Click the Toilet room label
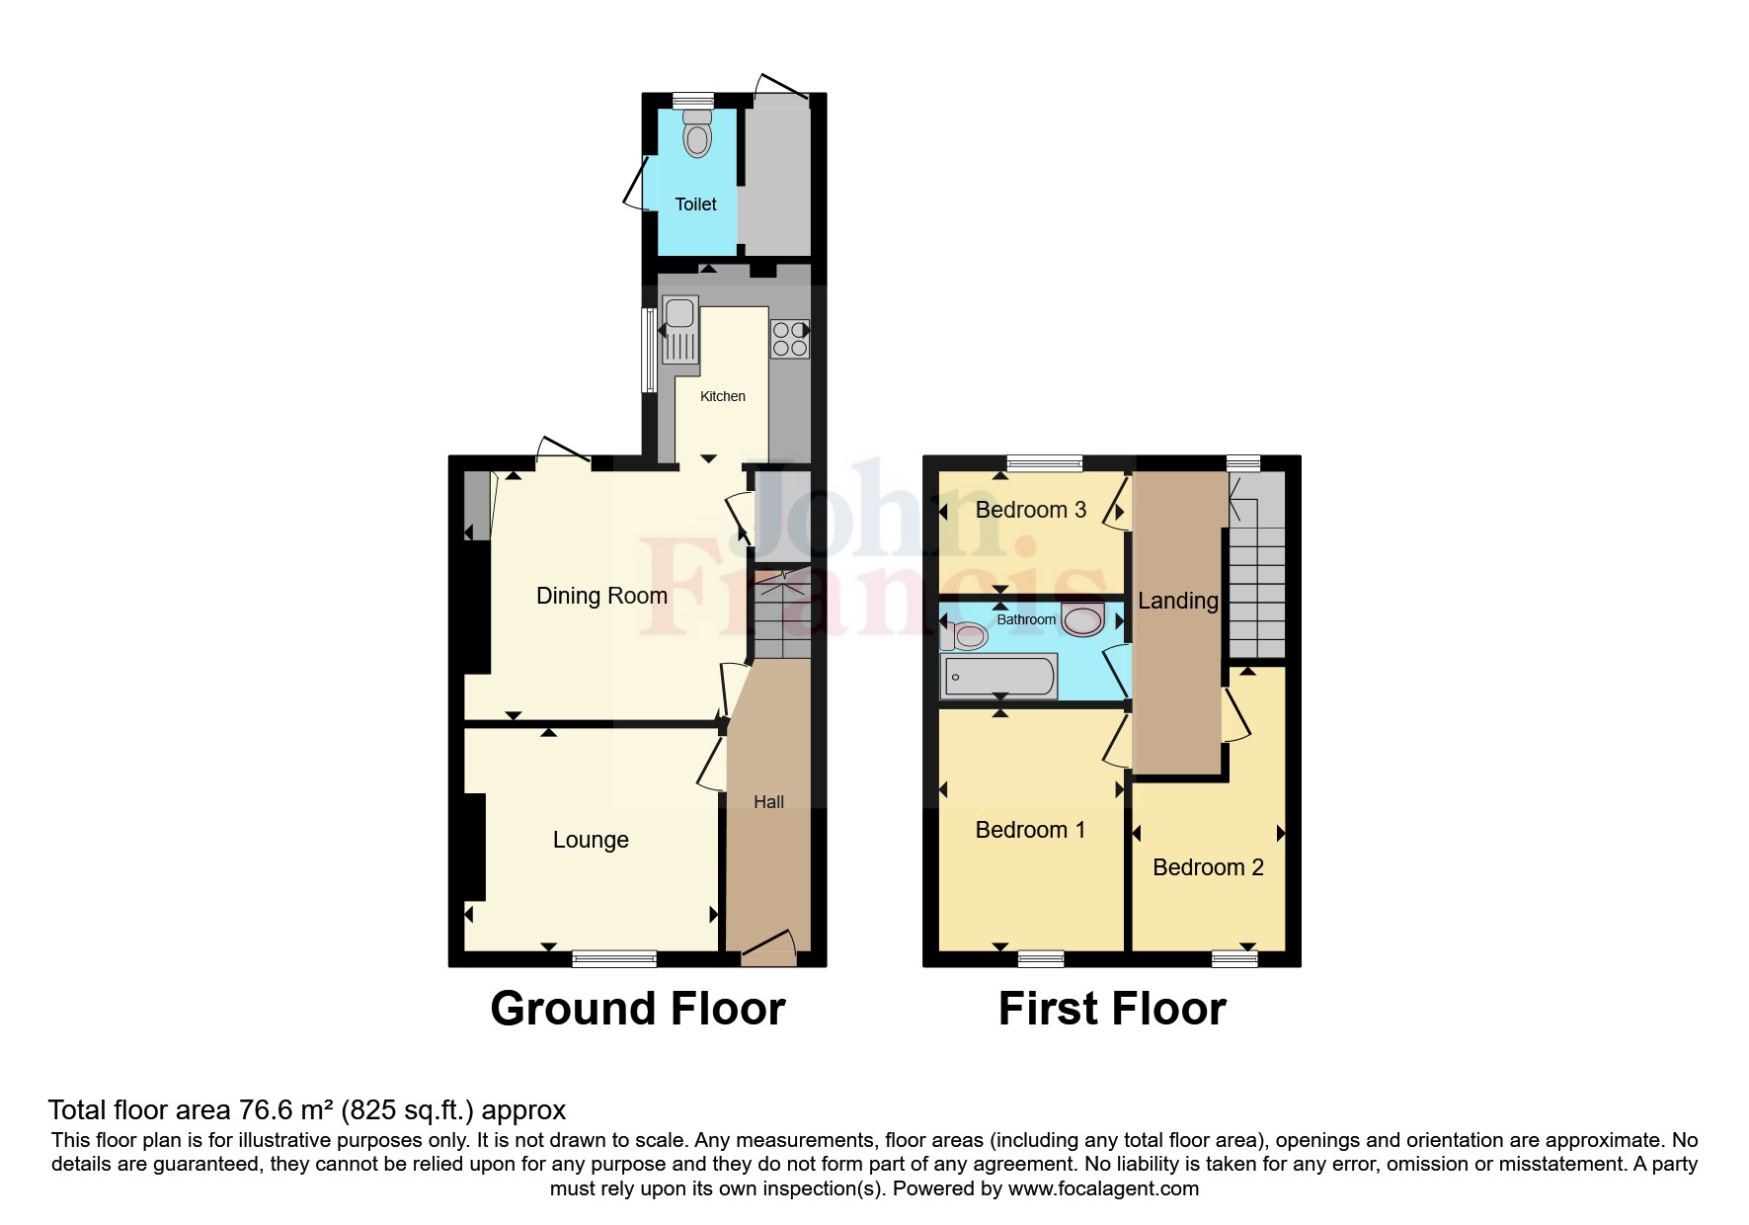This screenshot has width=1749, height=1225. [695, 204]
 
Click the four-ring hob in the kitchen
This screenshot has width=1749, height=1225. [789, 339]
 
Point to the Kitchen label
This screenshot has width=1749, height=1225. [723, 396]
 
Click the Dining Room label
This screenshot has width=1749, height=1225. [601, 596]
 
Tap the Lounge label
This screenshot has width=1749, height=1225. [591, 840]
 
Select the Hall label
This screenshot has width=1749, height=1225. [768, 802]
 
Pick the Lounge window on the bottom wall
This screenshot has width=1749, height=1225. [614, 957]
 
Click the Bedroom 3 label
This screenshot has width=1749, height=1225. [1030, 510]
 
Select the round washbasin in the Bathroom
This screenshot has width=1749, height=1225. [1083, 620]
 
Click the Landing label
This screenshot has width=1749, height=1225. [1177, 601]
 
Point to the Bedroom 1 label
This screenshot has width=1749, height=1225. [1030, 830]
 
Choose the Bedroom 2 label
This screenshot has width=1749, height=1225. [1208, 867]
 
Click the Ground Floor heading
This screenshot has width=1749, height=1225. [638, 1009]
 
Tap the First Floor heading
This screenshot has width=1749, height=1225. [1112, 1009]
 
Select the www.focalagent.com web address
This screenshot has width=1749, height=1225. [1103, 1188]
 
